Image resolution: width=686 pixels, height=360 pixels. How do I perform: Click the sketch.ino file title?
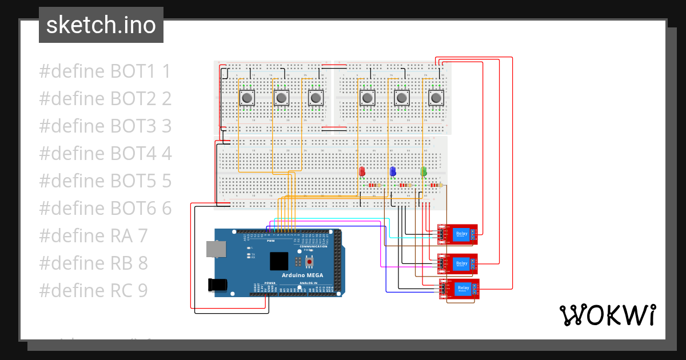[101, 25]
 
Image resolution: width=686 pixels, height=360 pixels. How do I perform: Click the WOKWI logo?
[607, 315]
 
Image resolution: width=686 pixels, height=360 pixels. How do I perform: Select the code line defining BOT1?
[105, 71]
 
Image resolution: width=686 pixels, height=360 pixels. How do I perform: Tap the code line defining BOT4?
[105, 154]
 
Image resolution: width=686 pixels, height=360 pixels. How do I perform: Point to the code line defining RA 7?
[93, 235]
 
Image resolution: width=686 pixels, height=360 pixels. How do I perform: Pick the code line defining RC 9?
[93, 291]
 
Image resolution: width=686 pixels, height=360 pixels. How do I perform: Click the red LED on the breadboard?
[362, 171]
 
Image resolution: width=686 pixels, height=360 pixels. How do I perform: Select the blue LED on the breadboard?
[393, 171]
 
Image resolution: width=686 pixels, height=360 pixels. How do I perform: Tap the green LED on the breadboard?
[424, 171]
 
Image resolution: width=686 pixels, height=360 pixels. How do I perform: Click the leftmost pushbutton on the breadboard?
[247, 98]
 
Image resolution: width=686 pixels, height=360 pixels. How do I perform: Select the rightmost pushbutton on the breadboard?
[436, 98]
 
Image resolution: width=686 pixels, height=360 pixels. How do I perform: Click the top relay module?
[458, 234]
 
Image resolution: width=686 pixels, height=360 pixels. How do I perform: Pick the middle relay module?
[458, 263]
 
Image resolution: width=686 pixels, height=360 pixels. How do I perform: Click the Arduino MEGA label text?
[302, 275]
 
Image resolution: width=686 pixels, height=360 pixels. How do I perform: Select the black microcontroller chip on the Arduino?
[279, 261]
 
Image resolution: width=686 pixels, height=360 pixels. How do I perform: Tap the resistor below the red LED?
[375, 185]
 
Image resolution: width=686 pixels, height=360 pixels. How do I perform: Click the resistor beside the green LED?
[436, 185]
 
